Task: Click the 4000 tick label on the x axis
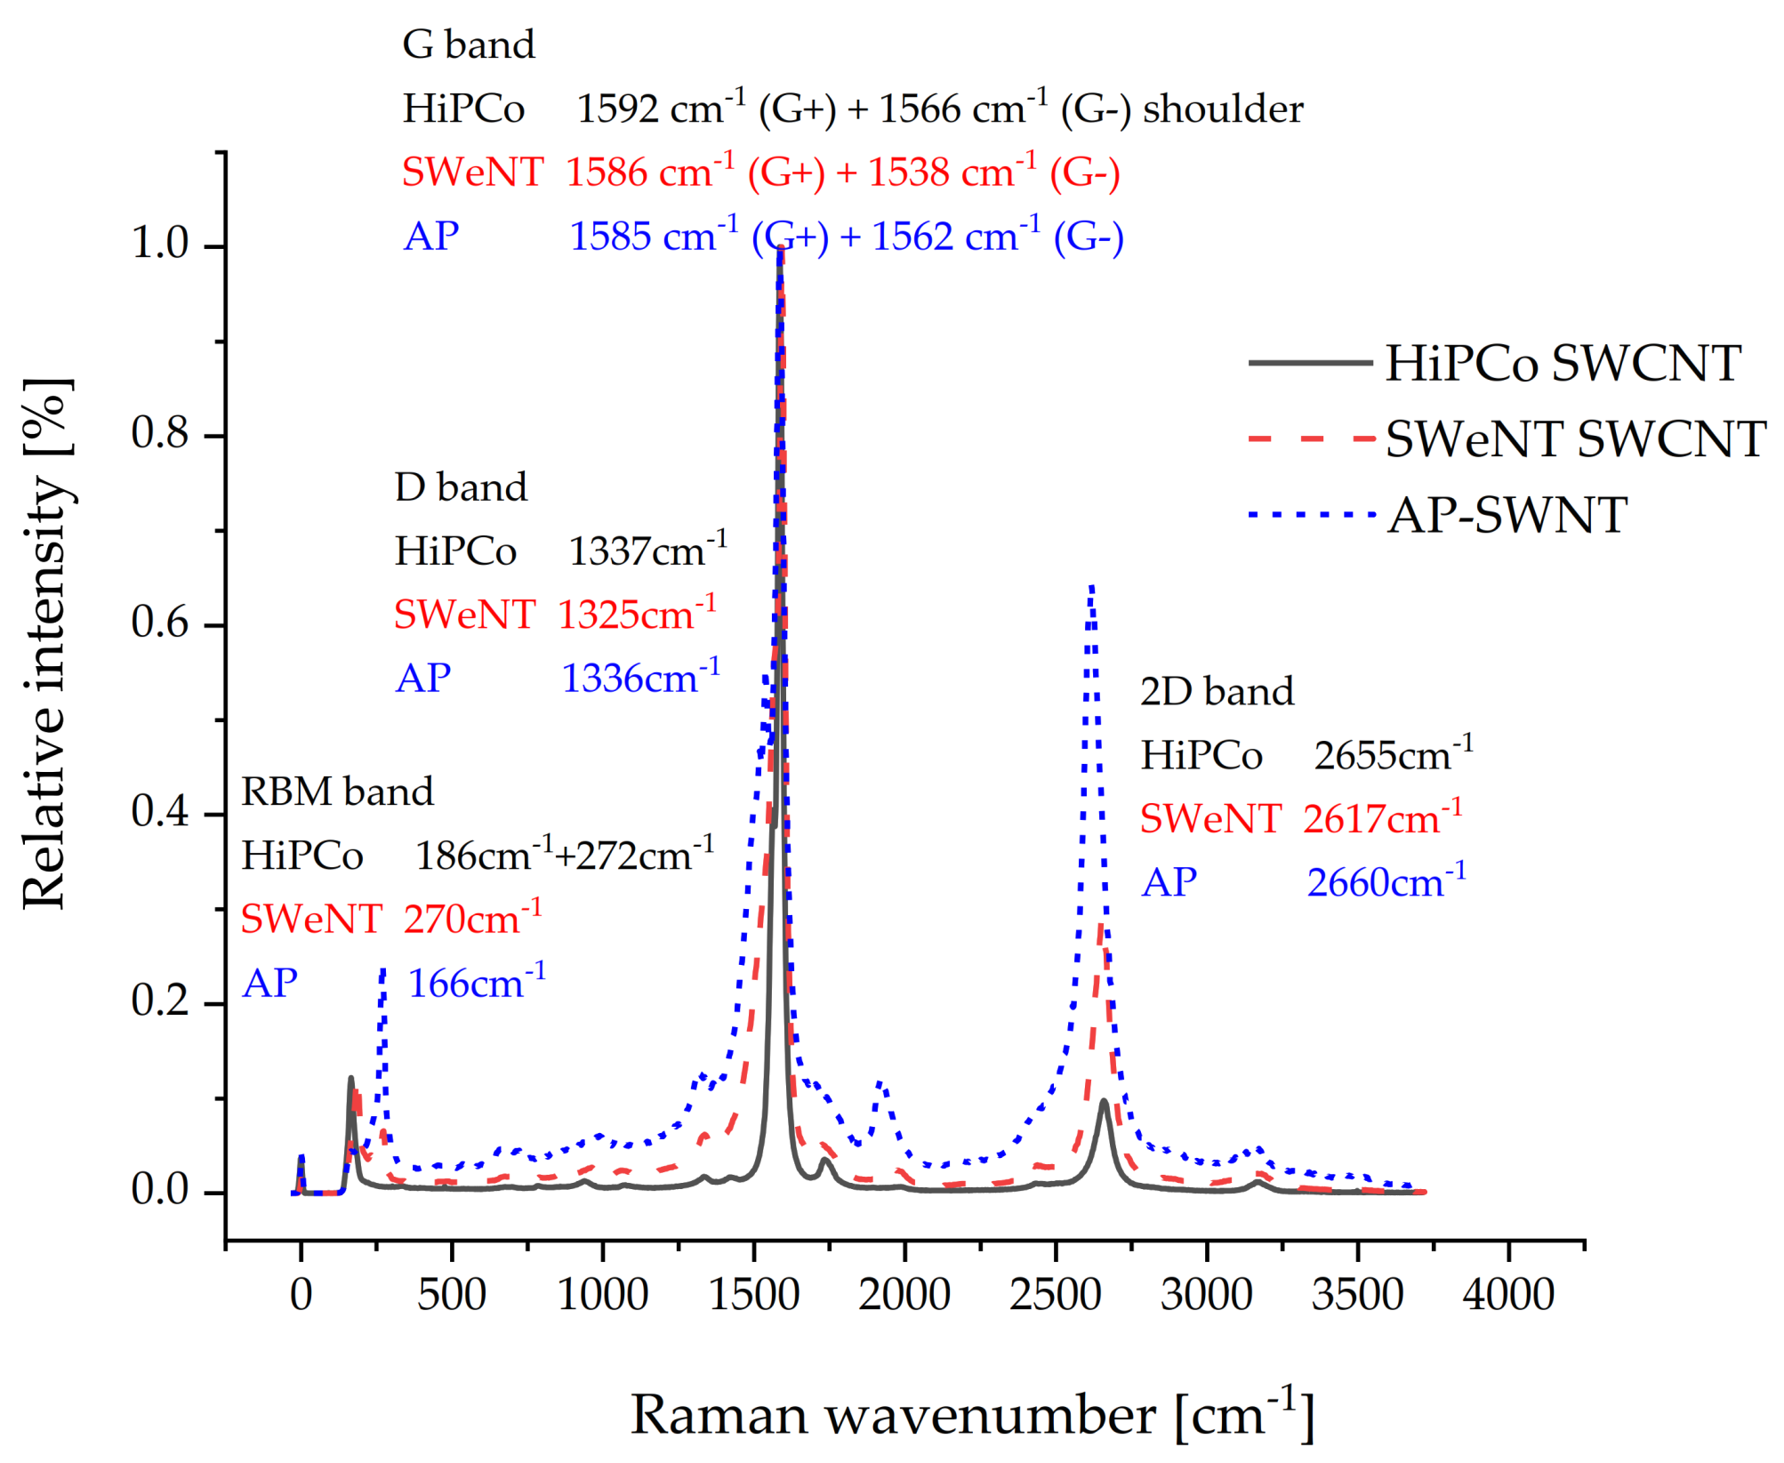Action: tap(1508, 1294)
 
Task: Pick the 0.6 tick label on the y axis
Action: tap(160, 623)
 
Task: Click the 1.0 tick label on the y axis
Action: tap(160, 243)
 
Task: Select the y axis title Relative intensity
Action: tap(44, 645)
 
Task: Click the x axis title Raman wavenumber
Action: tap(971, 1415)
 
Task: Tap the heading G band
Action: tap(469, 44)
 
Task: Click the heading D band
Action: tap(461, 487)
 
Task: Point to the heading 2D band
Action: tap(1217, 692)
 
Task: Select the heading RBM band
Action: tap(337, 792)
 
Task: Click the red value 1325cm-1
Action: tap(637, 614)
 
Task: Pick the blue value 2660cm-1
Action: tap(1386, 881)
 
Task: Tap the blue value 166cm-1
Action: tap(477, 983)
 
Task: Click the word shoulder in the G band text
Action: tap(1223, 109)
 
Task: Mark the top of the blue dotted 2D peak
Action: tap(1091, 587)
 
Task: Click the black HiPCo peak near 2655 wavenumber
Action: tap(1104, 1101)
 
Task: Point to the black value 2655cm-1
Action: tap(1394, 755)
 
